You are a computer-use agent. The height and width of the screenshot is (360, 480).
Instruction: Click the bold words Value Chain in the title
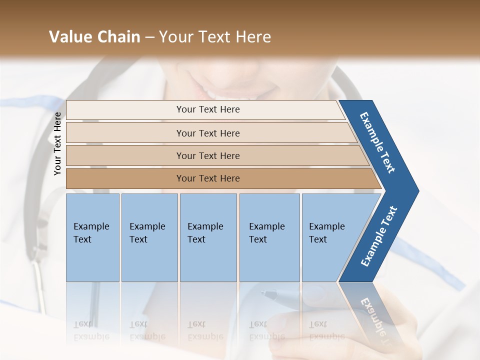(94, 37)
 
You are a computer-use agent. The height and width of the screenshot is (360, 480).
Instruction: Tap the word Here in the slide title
(253, 37)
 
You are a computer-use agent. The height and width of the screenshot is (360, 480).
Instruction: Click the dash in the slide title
(149, 37)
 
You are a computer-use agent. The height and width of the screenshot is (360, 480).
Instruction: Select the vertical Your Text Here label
(57, 144)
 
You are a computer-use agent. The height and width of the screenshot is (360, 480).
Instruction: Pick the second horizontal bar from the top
(207, 133)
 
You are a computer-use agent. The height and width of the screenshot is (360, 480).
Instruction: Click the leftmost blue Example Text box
(92, 237)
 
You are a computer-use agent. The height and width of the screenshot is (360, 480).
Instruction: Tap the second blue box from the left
(149, 237)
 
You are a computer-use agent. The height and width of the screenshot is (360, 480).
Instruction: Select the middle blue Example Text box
(208, 237)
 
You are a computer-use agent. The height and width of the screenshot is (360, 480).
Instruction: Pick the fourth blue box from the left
(269, 237)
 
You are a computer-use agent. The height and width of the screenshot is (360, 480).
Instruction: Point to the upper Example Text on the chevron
(378, 142)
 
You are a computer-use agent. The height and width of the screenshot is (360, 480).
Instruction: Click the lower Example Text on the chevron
(379, 236)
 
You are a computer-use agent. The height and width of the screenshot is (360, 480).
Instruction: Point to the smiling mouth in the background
(235, 92)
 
